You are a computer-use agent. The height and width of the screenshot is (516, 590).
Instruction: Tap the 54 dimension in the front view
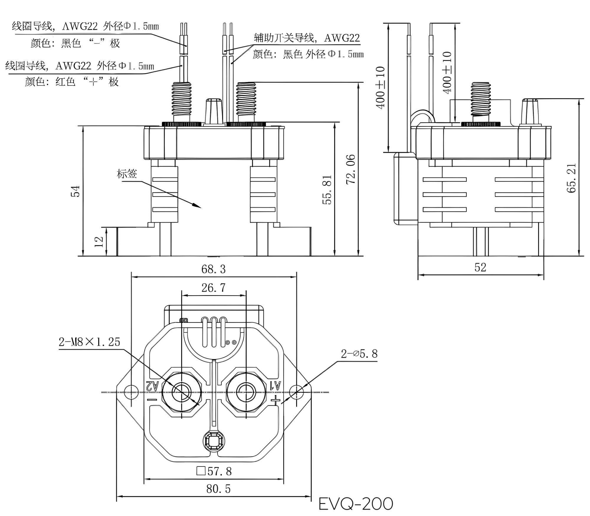coord(76,191)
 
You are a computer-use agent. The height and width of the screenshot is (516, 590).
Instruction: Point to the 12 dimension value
coord(99,241)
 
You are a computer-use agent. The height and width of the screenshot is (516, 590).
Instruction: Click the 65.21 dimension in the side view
coord(571,178)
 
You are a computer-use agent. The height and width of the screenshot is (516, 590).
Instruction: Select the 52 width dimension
coord(480,267)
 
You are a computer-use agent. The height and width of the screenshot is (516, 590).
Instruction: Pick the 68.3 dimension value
coord(213,269)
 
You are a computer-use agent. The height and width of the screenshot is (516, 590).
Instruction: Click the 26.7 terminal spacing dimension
coord(213,288)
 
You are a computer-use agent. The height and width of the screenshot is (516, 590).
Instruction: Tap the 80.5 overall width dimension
coord(218,489)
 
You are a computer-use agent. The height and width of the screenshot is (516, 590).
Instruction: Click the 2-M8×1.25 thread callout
coord(89,342)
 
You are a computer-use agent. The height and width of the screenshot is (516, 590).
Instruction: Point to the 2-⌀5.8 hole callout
coord(359,354)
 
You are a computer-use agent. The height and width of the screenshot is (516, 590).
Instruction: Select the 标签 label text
coord(127,174)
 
